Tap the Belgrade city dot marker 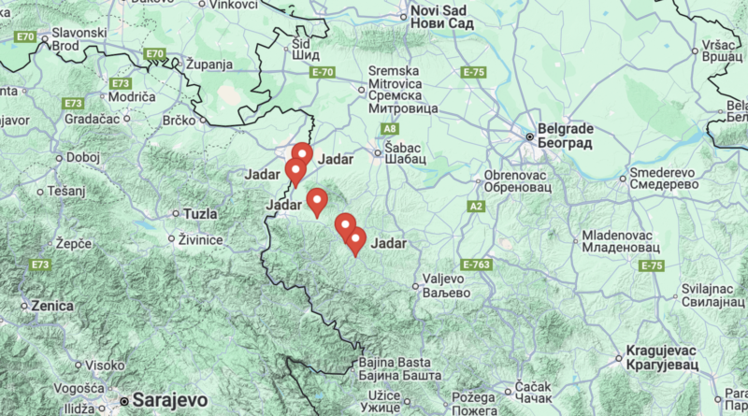click(x=529, y=136)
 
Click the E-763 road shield click(x=476, y=265)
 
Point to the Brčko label click(x=180, y=120)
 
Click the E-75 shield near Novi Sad click(x=473, y=71)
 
